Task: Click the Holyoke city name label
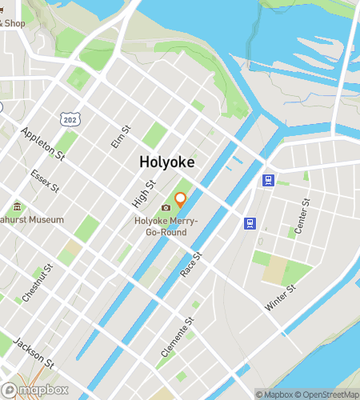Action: pos(167,161)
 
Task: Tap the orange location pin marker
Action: pos(181,199)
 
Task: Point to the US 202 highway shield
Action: pos(70,118)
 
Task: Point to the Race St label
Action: pos(191,263)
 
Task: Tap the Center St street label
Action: pos(301,217)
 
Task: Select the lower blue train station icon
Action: pos(250,222)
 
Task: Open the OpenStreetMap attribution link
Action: pos(326,394)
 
